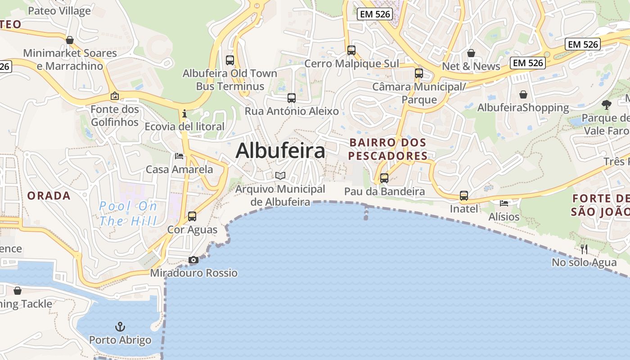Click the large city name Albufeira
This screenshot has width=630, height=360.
pyautogui.click(x=280, y=151)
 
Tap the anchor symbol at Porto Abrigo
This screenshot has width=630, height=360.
pyautogui.click(x=120, y=327)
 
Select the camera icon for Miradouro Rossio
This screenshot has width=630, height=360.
pyautogui.click(x=193, y=260)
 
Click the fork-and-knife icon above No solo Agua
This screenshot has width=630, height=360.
pyautogui.click(x=584, y=249)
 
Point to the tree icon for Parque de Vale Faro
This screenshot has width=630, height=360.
pyautogui.click(x=607, y=105)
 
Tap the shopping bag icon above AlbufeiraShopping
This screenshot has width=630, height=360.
pyautogui.click(x=523, y=94)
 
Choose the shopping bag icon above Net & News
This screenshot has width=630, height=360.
pyautogui.click(x=471, y=53)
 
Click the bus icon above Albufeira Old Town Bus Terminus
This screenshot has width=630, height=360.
pyautogui.click(x=230, y=60)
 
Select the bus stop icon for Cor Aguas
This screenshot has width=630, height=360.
pyautogui.click(x=192, y=216)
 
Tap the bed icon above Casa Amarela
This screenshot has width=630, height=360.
pyautogui.click(x=179, y=156)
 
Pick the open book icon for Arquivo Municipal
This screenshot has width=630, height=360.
pyautogui.click(x=280, y=175)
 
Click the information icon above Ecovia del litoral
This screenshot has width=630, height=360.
pyautogui.click(x=184, y=114)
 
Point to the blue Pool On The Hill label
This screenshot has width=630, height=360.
pyautogui.click(x=128, y=213)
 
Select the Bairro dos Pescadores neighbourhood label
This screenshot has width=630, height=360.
pyautogui.click(x=388, y=149)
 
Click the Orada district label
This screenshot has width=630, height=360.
pyautogui.click(x=49, y=196)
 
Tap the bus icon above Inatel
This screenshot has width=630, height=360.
pyautogui.click(x=464, y=196)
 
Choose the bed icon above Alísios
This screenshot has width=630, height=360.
pyautogui.click(x=504, y=203)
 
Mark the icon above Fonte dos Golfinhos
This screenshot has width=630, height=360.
pyautogui.click(x=115, y=96)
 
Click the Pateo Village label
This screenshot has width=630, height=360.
pyautogui.click(x=59, y=11)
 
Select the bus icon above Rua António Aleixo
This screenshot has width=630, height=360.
pyautogui.click(x=292, y=98)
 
